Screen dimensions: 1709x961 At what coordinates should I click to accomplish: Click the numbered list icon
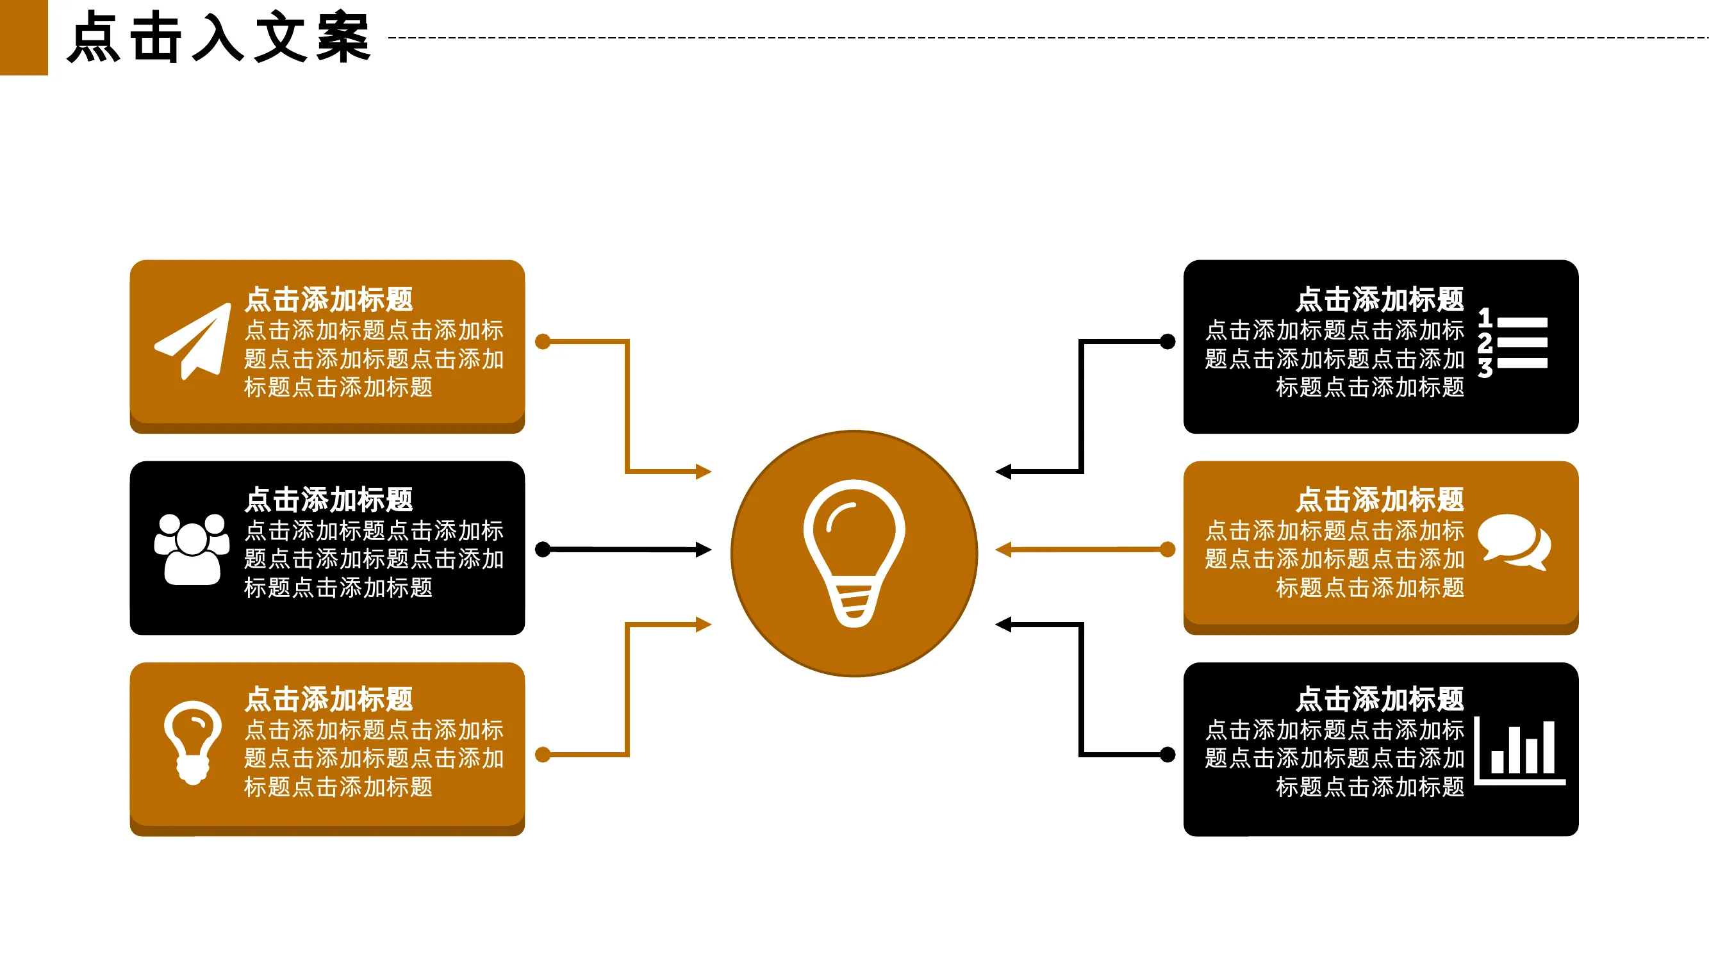(x=1513, y=342)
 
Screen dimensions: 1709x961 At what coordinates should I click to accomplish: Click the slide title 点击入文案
(x=219, y=38)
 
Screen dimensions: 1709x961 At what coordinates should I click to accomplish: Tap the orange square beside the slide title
(x=24, y=37)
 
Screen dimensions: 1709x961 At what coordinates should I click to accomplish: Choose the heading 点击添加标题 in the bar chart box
(x=1380, y=700)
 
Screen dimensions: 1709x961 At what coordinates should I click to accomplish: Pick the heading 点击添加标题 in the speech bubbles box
(x=1380, y=500)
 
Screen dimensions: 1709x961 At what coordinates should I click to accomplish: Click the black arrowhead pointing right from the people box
(x=704, y=550)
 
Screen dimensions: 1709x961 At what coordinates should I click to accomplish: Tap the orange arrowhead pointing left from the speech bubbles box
(x=1003, y=550)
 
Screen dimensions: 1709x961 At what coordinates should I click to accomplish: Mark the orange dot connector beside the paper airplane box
(x=543, y=341)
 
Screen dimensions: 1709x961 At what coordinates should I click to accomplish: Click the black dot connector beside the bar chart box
(x=1168, y=755)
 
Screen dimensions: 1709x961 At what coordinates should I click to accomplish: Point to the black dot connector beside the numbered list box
(x=1168, y=341)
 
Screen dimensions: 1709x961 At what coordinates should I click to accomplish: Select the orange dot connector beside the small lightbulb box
(x=543, y=755)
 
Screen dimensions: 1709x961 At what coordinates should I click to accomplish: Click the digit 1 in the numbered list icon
(x=1485, y=318)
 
